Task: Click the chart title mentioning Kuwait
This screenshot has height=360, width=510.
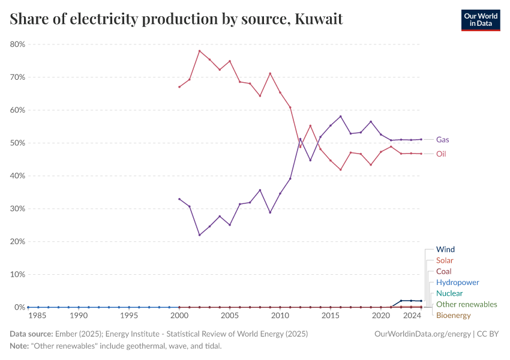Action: click(176, 19)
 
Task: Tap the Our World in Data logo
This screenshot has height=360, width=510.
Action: click(480, 20)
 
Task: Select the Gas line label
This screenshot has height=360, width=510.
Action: click(443, 140)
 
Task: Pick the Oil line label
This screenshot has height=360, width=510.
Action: click(441, 154)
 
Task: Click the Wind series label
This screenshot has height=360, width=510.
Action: click(445, 250)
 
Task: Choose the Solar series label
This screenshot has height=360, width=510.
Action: click(445, 260)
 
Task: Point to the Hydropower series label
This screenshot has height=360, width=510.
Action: click(457, 283)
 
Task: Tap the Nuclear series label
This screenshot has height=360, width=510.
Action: click(449, 293)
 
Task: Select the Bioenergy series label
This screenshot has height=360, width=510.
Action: click(453, 316)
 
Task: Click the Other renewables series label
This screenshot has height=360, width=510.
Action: click(466, 304)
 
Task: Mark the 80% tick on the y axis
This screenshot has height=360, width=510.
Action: click(17, 44)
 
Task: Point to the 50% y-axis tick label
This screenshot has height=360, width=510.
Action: click(17, 143)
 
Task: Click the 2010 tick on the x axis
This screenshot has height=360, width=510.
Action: click(280, 316)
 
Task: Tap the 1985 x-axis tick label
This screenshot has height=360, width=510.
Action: click(38, 316)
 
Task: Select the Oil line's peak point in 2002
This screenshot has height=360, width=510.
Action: click(199, 51)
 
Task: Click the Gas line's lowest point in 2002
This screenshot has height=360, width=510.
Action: click(199, 235)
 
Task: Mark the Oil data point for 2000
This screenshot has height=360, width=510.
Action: click(179, 87)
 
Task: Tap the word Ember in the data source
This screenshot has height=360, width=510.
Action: click(64, 334)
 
